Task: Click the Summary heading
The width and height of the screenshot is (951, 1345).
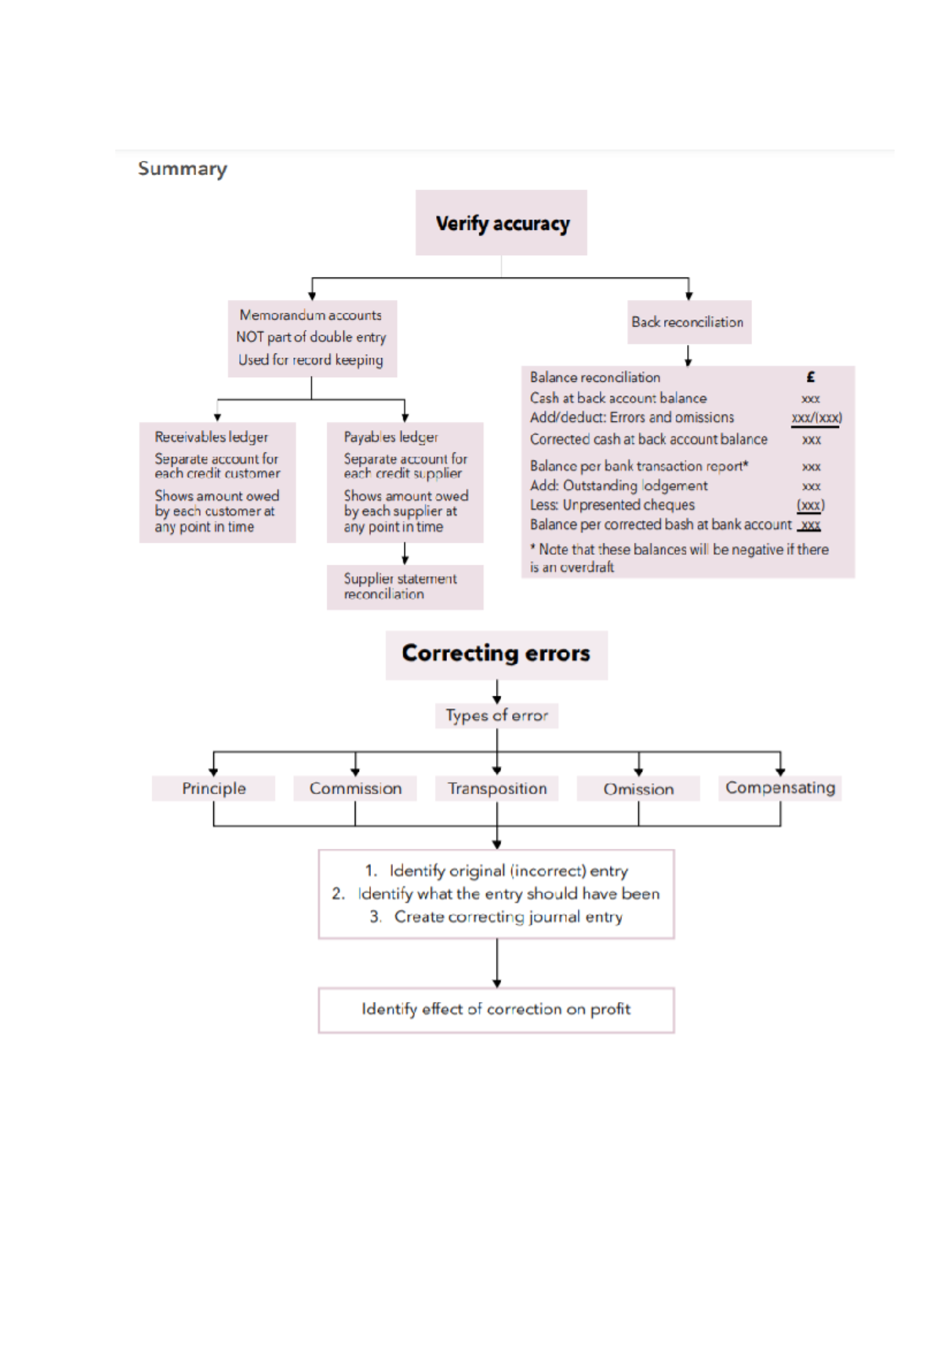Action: [x=182, y=169]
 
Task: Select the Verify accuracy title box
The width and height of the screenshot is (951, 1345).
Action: [x=502, y=223]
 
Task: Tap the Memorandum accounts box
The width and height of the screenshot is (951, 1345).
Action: [x=311, y=337]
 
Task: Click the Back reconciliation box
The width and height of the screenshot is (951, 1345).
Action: [x=688, y=322]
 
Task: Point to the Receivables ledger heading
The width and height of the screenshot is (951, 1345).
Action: [x=212, y=437]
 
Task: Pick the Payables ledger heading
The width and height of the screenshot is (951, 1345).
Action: [x=391, y=437]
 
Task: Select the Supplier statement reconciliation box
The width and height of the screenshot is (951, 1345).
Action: [x=404, y=586]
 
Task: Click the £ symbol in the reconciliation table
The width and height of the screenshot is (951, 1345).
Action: [x=810, y=378]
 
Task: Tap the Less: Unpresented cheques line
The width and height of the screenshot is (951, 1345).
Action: [x=612, y=505]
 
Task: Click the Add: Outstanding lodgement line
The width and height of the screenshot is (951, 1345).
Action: [x=618, y=486]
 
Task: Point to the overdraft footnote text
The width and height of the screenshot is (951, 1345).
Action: [x=678, y=558]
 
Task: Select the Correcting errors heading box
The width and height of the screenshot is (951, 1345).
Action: [x=496, y=653]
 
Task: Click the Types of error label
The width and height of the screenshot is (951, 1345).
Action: [x=496, y=715]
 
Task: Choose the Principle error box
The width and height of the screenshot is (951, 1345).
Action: [x=214, y=788]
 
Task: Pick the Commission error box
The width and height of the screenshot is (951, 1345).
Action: [x=355, y=788]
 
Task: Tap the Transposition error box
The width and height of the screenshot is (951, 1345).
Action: [x=497, y=788]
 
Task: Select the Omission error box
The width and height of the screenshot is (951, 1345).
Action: [x=638, y=789]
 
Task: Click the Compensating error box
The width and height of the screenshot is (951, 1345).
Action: [x=780, y=787]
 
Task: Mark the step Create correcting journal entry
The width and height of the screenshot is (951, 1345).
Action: [x=507, y=917]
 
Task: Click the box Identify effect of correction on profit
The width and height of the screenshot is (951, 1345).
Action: [x=496, y=1009]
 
